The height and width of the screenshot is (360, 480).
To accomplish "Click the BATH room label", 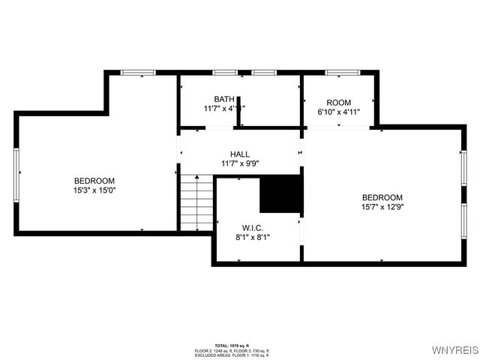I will point(223,99).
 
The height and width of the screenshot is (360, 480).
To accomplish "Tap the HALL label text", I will point(240,154).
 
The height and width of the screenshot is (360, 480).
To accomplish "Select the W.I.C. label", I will point(252,227).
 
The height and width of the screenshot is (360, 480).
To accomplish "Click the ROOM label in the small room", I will point(339,103).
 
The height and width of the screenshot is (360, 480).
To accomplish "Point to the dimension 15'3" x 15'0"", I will point(94,190).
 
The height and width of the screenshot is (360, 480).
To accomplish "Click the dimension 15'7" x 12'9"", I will point(382,207).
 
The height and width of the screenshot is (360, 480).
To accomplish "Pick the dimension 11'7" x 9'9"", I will point(240,163).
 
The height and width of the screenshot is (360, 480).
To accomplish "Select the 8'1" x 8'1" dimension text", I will point(252,237).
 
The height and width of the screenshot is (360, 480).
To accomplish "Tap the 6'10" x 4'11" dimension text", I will point(339,112).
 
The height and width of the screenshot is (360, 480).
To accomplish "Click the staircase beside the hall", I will point(197,202).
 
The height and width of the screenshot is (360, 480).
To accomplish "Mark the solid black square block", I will point(280,194).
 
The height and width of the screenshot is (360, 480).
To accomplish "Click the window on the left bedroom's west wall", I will point(16,174).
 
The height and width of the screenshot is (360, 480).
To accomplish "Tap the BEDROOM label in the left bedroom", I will point(94,181).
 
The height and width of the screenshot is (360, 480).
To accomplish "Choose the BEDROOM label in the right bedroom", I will point(382,197).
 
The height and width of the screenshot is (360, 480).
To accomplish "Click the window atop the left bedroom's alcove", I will point(138,73).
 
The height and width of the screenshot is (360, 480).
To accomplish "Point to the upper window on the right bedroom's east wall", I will point(463,172).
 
